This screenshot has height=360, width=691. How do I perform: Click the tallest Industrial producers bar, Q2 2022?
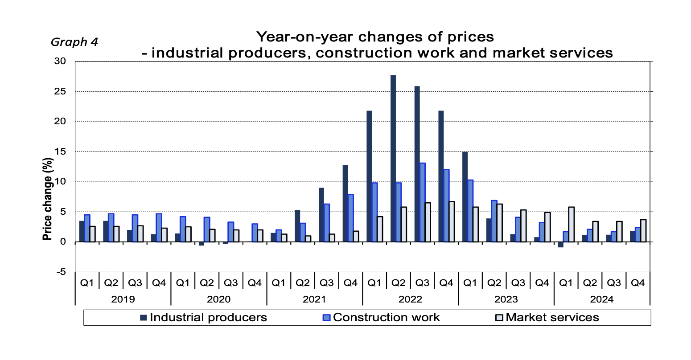(393, 158)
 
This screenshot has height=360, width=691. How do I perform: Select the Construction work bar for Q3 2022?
(422, 202)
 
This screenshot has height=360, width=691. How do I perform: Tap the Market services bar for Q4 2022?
(452, 221)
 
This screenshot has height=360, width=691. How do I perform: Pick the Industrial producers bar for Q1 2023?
(465, 196)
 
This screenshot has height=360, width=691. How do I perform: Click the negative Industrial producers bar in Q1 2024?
(560, 244)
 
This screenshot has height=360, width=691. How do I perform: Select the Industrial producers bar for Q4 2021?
(345, 203)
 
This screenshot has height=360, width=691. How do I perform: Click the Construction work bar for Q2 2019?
(111, 228)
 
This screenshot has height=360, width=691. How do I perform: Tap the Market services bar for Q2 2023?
(500, 223)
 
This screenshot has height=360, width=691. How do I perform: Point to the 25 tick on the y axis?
(60, 91)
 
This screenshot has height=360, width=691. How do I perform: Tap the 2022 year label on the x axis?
(410, 299)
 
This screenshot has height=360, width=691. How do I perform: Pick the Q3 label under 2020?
(230, 282)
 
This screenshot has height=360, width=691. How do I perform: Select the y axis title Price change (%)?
(48, 199)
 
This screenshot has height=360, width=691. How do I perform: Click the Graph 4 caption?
(74, 42)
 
